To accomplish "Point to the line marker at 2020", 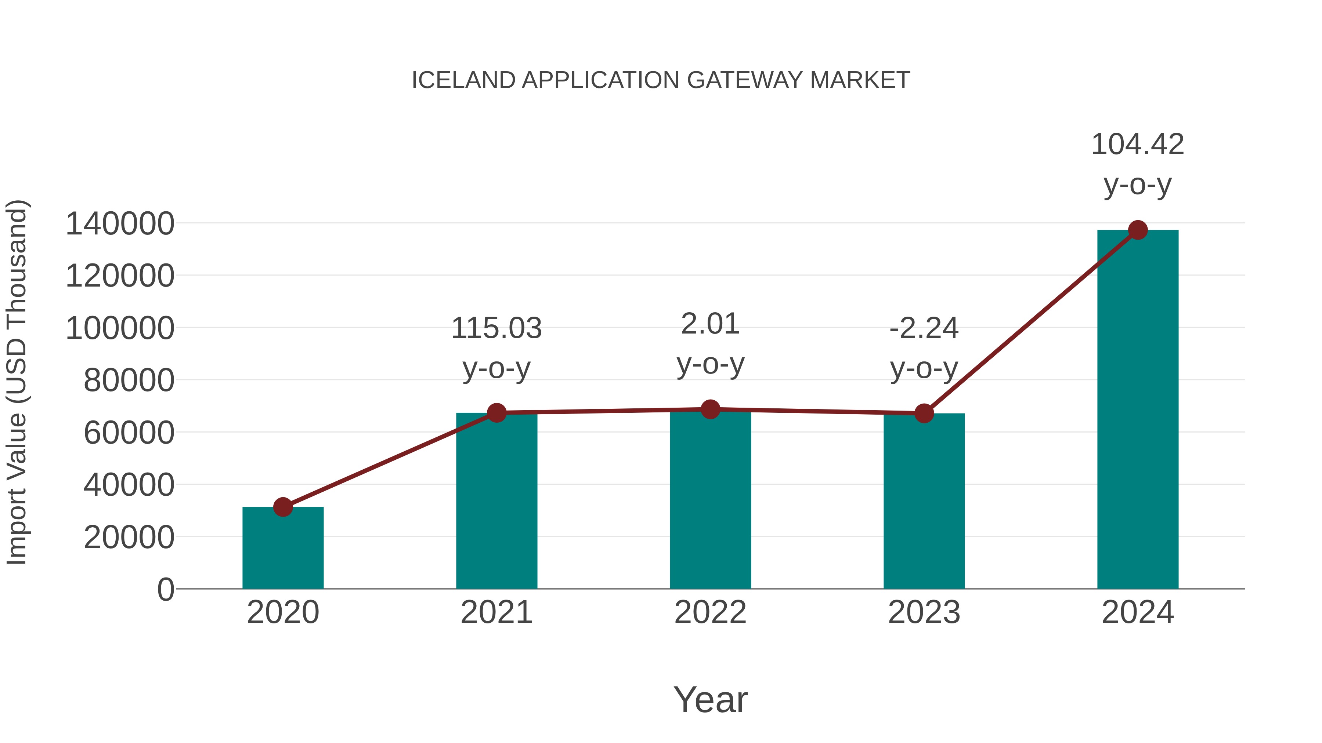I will point(283,507).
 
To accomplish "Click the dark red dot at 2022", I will point(710,409).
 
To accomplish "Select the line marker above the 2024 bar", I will point(1138,230).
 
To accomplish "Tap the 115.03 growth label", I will point(496,328).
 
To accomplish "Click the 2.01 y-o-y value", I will point(710,324).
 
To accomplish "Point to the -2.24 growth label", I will point(924,328).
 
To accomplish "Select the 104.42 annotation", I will point(1138,144).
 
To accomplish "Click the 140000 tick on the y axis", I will point(120,224).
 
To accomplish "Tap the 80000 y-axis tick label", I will point(129,380).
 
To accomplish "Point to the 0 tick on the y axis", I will point(166,589).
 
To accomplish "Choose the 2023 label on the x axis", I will point(924,612).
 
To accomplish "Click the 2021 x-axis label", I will point(496,612).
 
